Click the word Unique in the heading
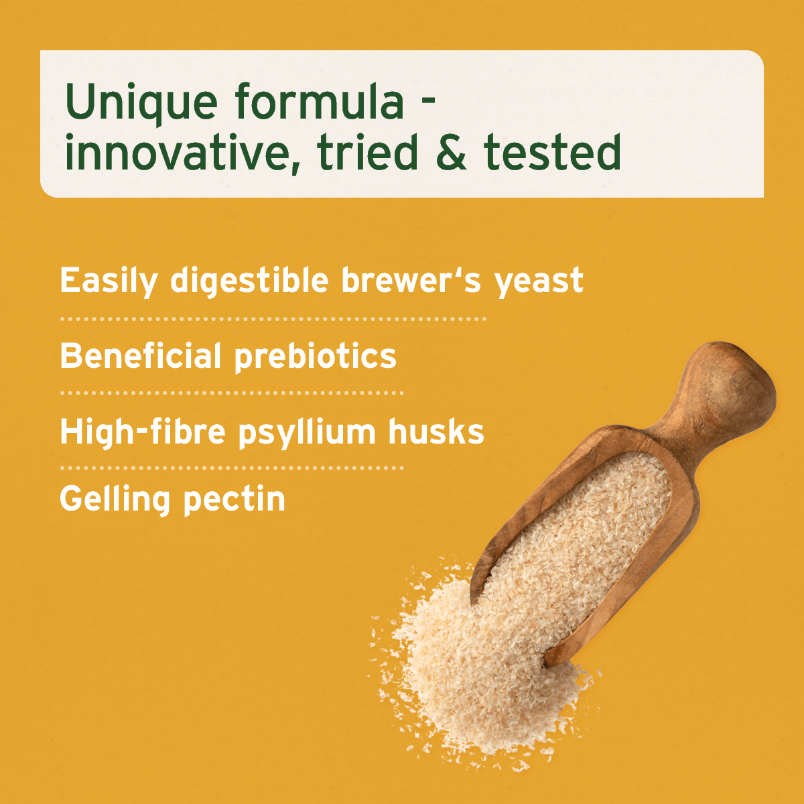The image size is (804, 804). point(141,101)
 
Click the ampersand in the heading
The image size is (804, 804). point(451,151)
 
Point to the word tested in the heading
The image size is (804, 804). point(552,151)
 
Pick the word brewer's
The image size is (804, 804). point(411,280)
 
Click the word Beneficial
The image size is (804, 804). point(141,356)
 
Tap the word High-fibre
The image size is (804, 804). point(143,432)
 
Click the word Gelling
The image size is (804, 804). point(115,500)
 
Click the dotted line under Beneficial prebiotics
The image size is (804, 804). point(232,393)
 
